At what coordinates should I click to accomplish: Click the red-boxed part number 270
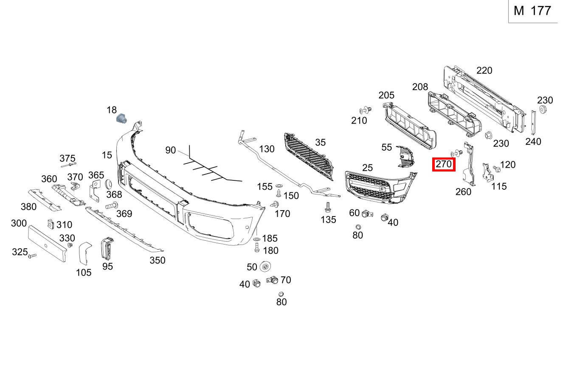pos(444,164)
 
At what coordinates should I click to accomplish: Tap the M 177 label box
pos(532,11)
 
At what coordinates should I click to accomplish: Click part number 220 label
pos(484,70)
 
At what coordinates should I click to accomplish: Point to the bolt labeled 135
pos(327,208)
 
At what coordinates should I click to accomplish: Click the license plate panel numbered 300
pos(47,244)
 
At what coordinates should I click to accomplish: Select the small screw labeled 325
pos(32,256)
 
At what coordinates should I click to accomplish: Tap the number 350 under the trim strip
pos(157,260)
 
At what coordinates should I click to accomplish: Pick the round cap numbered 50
pos(265,267)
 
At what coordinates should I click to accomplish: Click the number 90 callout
pos(170,150)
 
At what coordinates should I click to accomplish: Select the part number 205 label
pos(386,96)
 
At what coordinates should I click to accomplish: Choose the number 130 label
pos(267,149)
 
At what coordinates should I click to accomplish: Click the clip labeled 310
pos(50,224)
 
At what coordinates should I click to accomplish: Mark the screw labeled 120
pos(497,169)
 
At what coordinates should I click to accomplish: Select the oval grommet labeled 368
pos(108,184)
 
